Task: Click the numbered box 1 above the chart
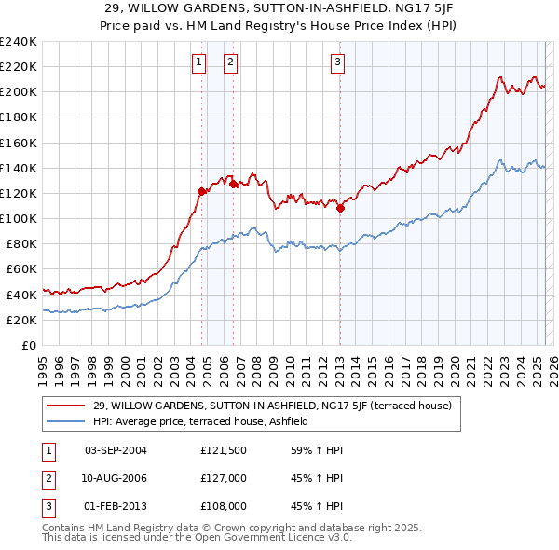199,62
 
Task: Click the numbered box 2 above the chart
230,62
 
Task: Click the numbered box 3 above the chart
337,62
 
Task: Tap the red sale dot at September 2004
201,191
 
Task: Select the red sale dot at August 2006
233,185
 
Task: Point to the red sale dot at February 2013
340,209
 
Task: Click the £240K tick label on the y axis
18,42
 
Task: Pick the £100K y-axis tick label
18,218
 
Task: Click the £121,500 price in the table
222,450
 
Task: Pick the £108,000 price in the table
222,507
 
